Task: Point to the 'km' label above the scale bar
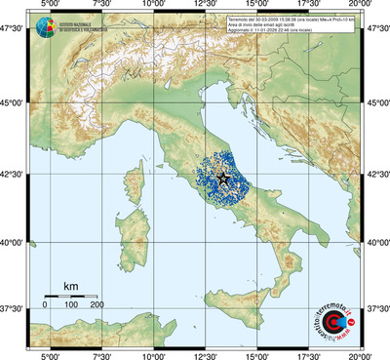pos(70,286)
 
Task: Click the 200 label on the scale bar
pos(97,305)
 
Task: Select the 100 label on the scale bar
pos(71,305)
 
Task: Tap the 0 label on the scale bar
pos(45,305)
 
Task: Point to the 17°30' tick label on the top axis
pos(310,8)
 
